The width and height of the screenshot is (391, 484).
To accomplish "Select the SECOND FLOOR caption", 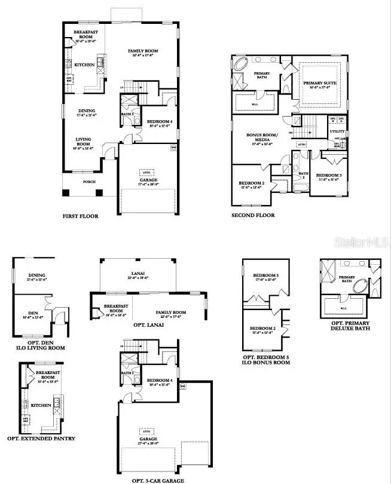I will (253, 215).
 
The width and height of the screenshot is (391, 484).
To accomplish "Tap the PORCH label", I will (88, 182).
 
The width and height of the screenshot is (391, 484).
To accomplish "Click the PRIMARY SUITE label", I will (320, 84).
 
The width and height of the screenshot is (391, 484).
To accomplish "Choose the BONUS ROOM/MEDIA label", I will (262, 137).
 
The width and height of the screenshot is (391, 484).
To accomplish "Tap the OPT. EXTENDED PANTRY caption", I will (41, 438).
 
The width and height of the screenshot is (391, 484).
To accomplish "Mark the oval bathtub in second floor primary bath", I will (243, 65).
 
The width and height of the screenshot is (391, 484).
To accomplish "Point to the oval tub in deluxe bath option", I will (362, 286).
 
